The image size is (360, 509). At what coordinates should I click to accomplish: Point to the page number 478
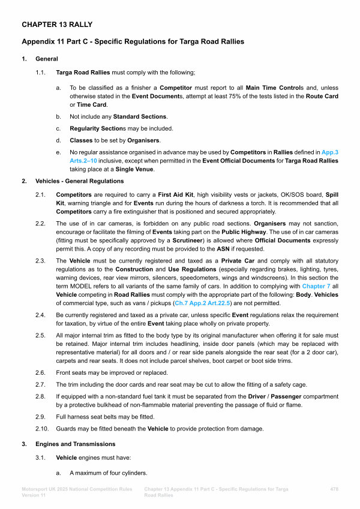pyautogui.click(x=335, y=490)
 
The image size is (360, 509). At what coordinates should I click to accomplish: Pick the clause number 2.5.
pyautogui.click(x=40, y=336)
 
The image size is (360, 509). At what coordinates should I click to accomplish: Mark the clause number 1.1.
pyautogui.click(x=40, y=73)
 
